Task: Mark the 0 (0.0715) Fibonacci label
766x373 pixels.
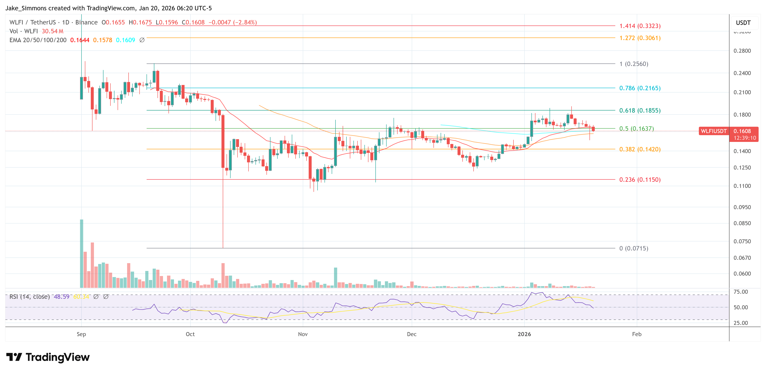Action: pyautogui.click(x=633, y=248)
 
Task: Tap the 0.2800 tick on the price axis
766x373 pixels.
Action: pyautogui.click(x=742, y=51)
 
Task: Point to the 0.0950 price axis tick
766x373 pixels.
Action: pyautogui.click(x=742, y=207)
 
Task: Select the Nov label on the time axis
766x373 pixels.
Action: pyautogui.click(x=303, y=334)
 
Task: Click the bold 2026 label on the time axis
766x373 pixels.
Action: pyautogui.click(x=524, y=334)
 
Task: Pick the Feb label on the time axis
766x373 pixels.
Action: pyautogui.click(x=636, y=334)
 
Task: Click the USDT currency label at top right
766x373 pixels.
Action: pyautogui.click(x=743, y=23)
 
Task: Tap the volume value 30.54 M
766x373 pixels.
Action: pyautogui.click(x=52, y=31)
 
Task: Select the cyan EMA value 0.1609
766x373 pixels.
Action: pyautogui.click(x=125, y=40)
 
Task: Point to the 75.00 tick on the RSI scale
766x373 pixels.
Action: pyautogui.click(x=740, y=292)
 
